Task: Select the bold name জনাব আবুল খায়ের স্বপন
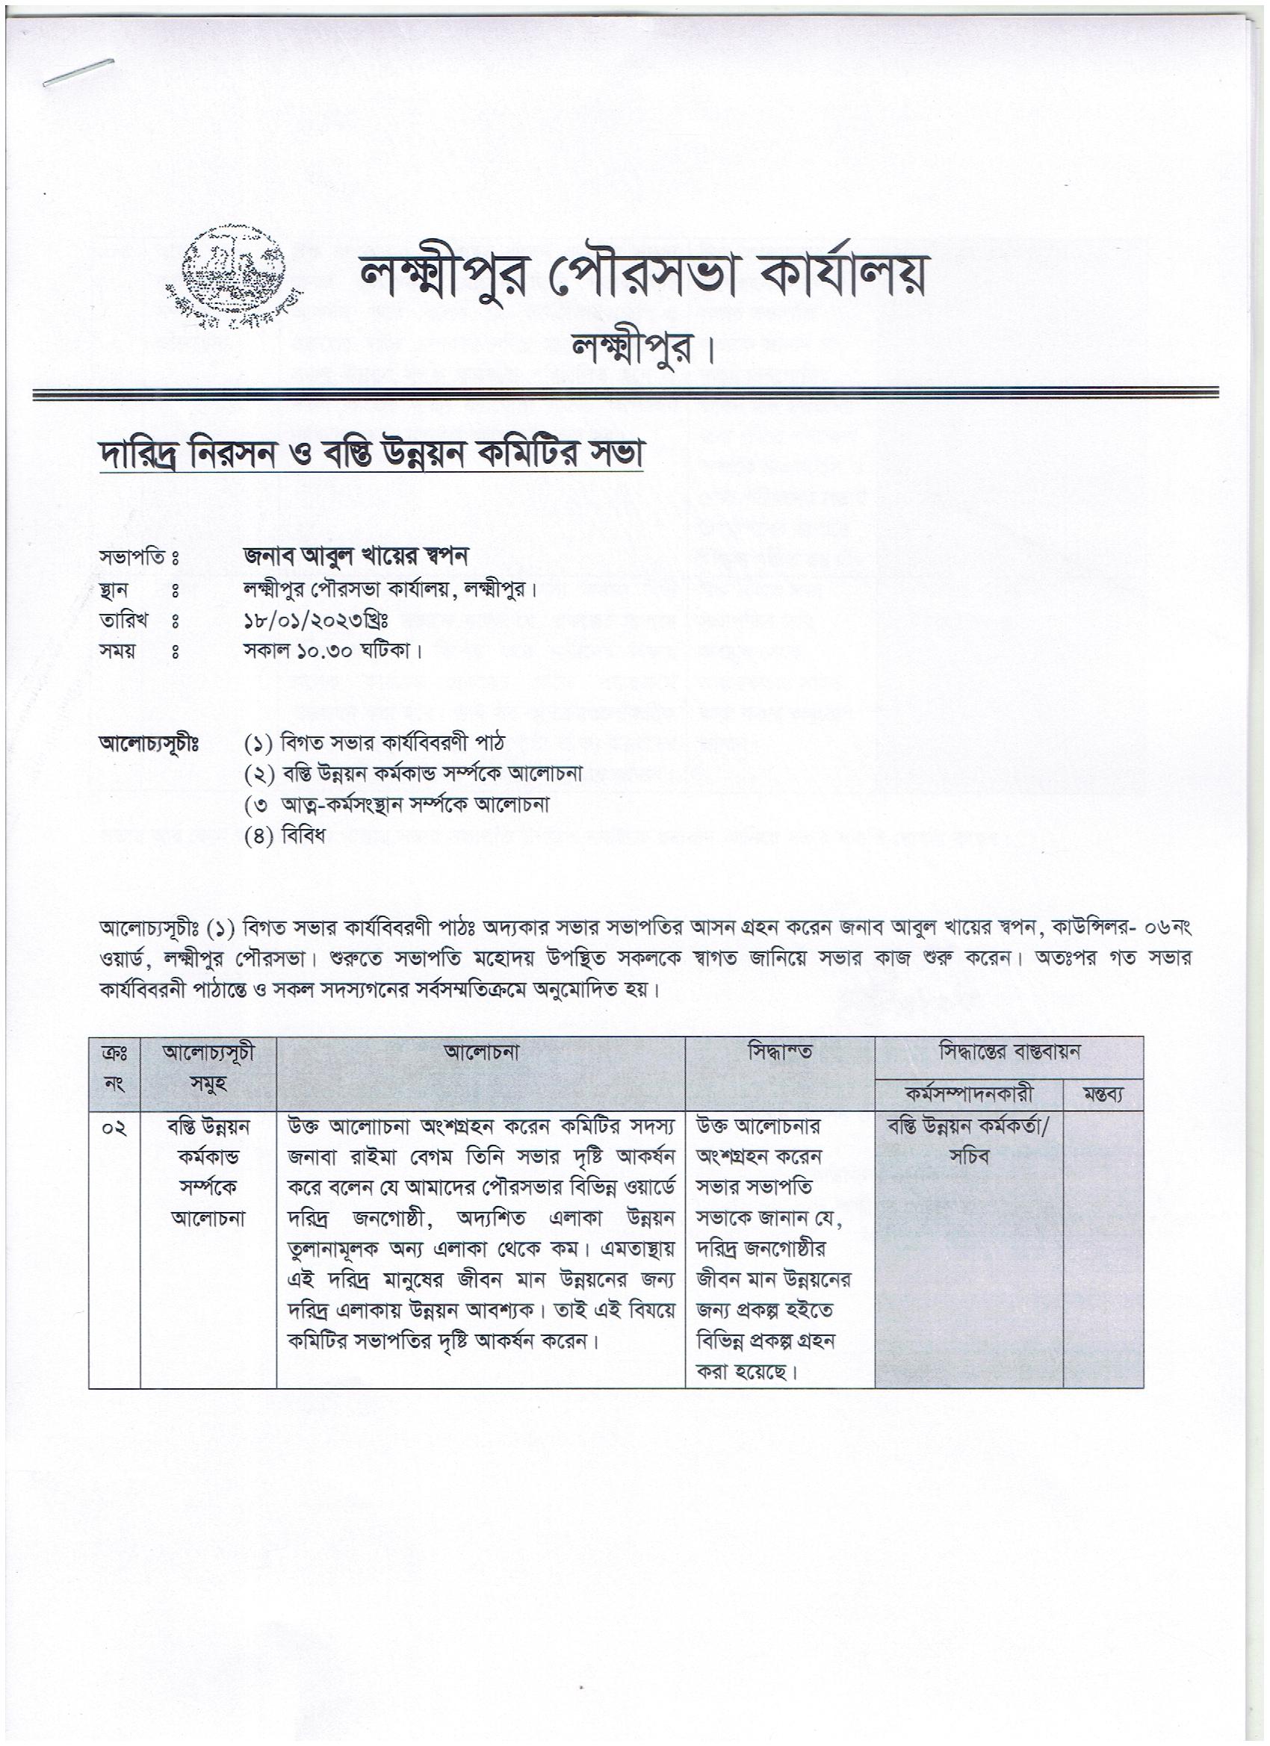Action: click(356, 556)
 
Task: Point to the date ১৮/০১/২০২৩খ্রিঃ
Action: click(316, 620)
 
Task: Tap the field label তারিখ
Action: click(123, 620)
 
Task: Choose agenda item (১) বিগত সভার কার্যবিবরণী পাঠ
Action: click(374, 744)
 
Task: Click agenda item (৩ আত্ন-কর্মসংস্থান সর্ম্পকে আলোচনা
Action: click(397, 805)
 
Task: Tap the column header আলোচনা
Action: click(480, 1052)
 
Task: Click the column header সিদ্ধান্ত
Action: click(779, 1052)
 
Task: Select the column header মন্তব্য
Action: click(1102, 1096)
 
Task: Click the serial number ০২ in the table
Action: click(115, 1129)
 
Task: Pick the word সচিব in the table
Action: click(968, 1158)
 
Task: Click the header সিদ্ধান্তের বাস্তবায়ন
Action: click(1008, 1052)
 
